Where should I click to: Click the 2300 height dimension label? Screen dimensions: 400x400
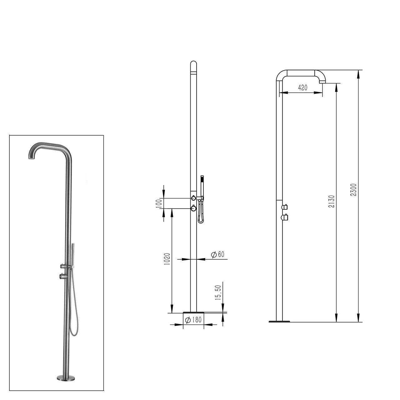[353, 190]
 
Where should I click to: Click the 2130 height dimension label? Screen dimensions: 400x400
[332, 201]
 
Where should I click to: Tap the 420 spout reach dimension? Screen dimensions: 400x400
[302, 88]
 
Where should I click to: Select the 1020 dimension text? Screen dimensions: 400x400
[167, 259]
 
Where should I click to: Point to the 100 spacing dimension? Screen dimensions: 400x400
[158, 203]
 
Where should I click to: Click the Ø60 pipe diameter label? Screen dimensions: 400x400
[218, 254]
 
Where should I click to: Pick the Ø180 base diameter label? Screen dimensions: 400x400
[193, 320]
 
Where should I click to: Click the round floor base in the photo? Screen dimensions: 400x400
[66, 377]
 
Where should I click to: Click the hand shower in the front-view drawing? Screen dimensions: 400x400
[202, 187]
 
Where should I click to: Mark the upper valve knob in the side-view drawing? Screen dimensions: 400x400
[284, 207]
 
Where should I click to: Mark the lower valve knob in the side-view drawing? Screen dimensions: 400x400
[284, 217]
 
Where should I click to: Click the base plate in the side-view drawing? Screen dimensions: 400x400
[279, 321]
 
